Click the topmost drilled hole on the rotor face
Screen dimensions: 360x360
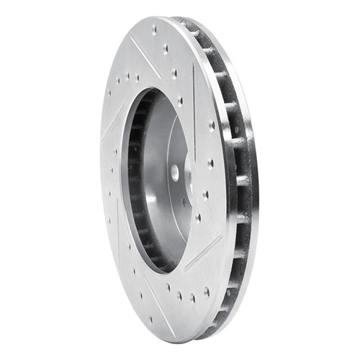tap(154, 30)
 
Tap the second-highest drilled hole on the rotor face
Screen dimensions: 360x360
tap(166, 49)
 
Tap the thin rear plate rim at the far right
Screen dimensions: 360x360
tap(254, 180)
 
